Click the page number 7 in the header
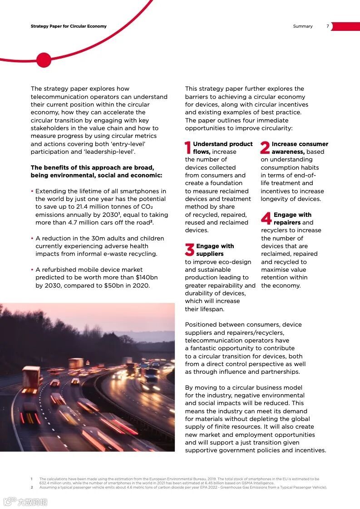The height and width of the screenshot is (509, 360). click(328, 26)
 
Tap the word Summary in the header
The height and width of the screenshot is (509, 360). click(303, 26)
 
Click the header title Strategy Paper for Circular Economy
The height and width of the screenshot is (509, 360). click(69, 26)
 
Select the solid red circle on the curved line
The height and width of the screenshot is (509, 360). click(44, 60)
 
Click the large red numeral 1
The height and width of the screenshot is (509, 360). click(188, 147)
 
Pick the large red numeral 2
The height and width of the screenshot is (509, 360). click(265, 147)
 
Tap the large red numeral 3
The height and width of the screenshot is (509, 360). click(189, 250)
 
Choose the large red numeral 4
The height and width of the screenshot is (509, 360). click(266, 218)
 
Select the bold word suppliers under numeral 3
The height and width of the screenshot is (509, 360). click(210, 254)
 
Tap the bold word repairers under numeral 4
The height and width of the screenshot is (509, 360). click(287, 223)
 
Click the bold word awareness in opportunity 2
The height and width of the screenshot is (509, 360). click(288, 152)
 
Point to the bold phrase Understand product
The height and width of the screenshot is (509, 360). click(222, 144)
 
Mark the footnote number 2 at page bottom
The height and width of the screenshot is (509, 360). click(32, 487)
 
